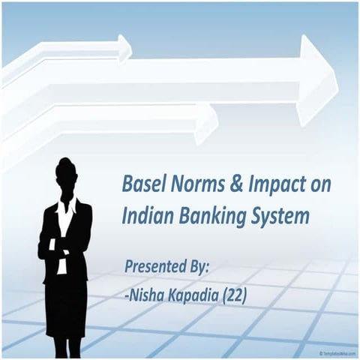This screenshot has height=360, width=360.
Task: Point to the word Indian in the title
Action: tap(146, 217)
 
